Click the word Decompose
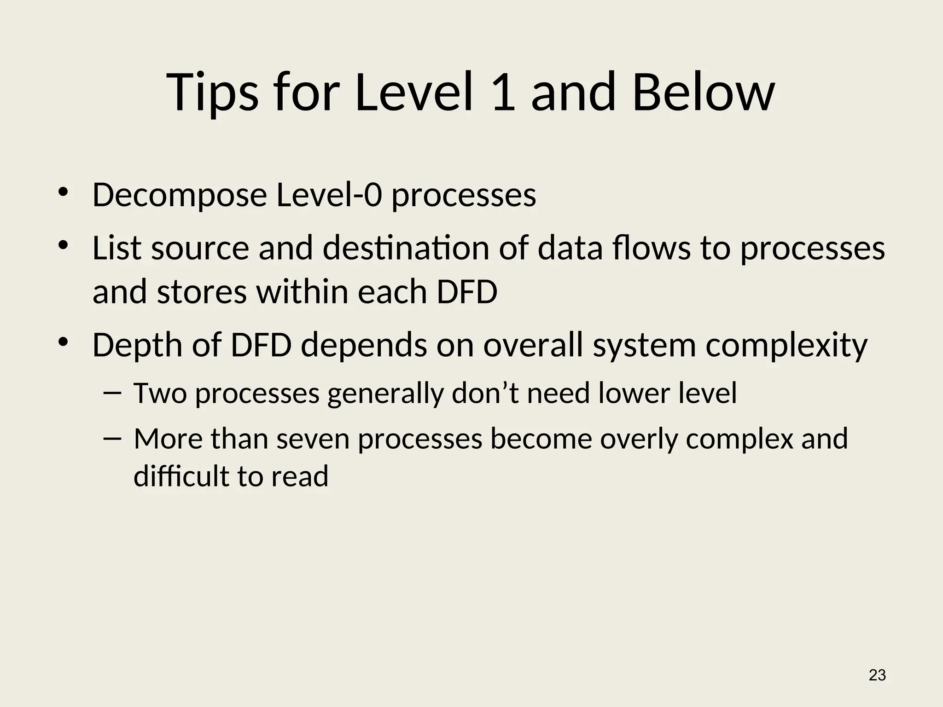point(180,195)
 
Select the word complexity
point(786,345)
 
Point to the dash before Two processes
point(112,393)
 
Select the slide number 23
point(877,675)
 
